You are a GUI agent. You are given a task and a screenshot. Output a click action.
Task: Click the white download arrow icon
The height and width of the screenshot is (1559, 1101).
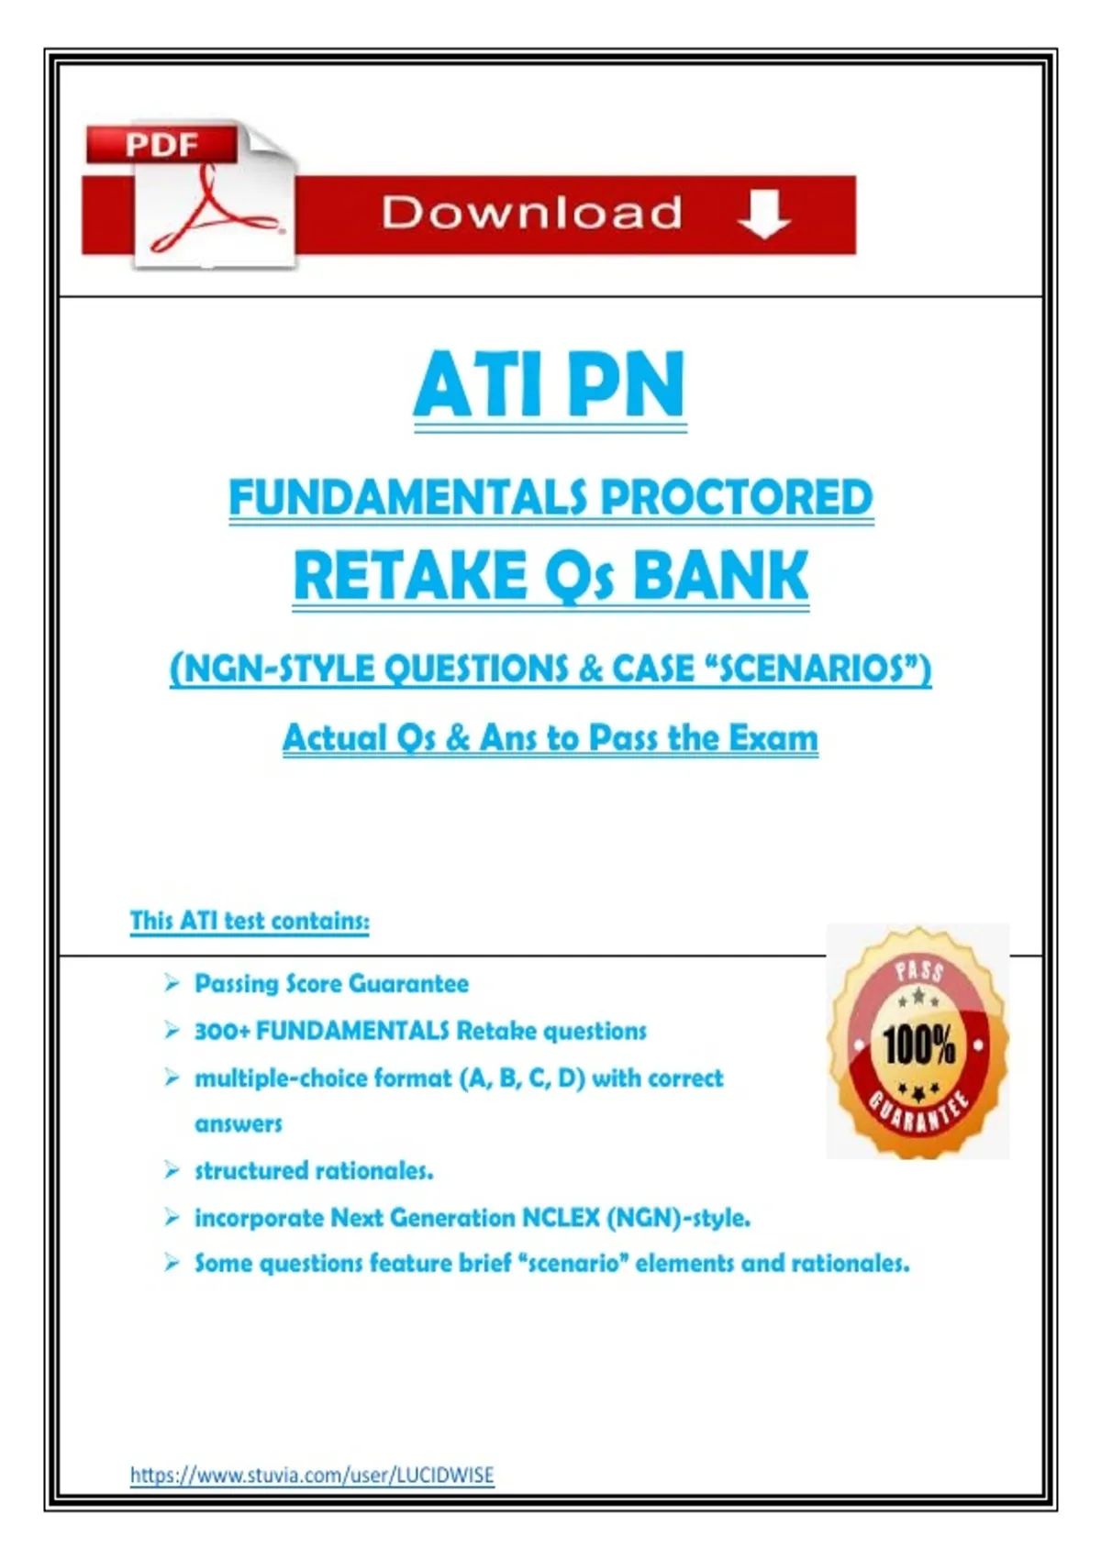[763, 215]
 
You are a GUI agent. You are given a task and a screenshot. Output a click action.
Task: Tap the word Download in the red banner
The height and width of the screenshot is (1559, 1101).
[531, 212]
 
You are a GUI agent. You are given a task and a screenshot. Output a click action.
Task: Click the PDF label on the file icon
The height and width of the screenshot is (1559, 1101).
[161, 145]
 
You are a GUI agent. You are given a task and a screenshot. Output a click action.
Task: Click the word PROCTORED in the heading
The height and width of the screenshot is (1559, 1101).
[736, 497]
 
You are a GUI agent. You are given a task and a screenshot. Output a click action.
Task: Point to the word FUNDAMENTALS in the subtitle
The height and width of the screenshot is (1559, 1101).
[412, 497]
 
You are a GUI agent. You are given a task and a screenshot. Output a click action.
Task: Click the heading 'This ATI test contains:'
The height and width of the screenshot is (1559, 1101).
[250, 920]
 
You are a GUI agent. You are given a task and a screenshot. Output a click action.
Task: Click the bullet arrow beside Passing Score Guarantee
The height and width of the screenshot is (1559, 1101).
[172, 983]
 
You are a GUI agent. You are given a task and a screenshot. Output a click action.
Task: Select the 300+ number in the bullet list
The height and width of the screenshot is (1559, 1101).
[221, 1031]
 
